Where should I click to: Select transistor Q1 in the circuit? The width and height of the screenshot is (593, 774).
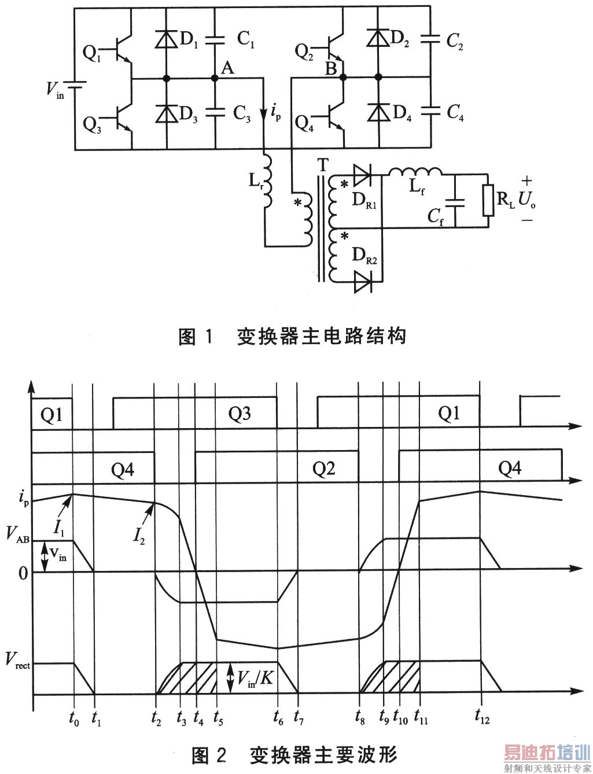point(120,50)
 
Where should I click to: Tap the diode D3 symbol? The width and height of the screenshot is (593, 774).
point(166,113)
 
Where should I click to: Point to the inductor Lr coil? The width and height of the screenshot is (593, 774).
point(267,180)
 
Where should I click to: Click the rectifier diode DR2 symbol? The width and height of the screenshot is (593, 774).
point(363,283)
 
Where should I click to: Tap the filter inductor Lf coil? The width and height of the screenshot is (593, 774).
point(415,172)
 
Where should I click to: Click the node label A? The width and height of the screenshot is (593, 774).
point(227,68)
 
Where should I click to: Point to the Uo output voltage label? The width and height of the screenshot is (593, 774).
point(526,200)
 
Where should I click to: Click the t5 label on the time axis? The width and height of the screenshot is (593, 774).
point(218,718)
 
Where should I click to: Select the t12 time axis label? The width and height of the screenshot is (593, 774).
point(481,716)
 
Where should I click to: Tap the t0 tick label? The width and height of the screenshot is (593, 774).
point(73,718)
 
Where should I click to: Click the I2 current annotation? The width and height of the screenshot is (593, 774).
point(139,536)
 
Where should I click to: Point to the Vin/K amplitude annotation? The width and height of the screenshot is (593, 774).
point(255,677)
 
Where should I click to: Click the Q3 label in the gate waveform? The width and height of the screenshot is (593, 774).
point(239,414)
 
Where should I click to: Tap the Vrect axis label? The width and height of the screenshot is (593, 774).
point(17,660)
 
